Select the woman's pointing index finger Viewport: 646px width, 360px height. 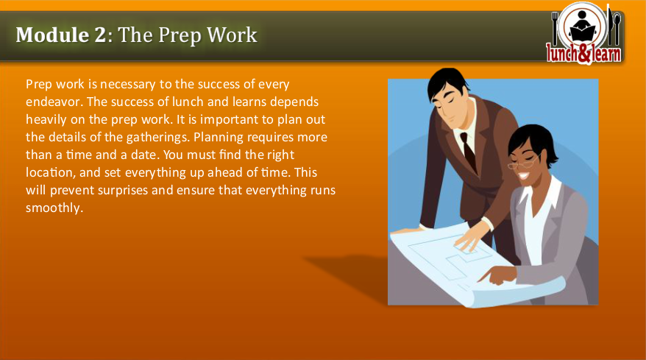click(483, 278)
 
